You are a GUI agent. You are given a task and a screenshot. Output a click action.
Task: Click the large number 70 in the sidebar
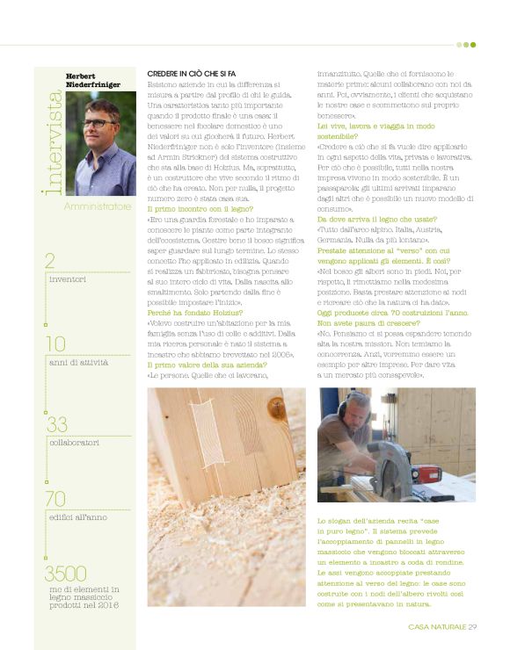55,499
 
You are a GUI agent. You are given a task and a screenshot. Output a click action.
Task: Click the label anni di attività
78,361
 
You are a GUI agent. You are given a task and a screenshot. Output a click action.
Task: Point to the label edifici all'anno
78,516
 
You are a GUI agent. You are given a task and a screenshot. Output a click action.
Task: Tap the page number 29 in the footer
472,626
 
